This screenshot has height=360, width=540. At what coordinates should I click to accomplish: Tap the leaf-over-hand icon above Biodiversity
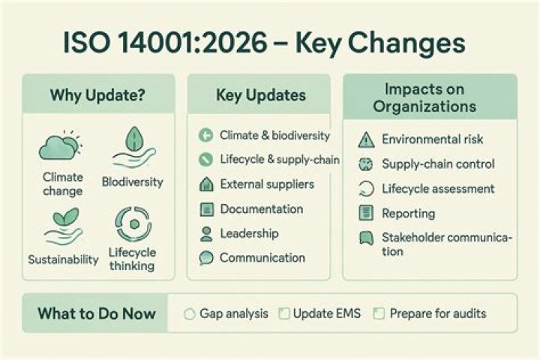[x=134, y=147]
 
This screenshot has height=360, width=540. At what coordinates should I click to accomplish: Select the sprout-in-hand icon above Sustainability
[x=64, y=226]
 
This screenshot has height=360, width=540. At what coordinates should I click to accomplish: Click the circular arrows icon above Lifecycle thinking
[x=133, y=224]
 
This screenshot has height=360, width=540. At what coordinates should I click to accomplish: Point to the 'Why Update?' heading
[x=97, y=95]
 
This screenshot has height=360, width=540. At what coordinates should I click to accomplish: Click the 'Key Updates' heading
[x=261, y=95]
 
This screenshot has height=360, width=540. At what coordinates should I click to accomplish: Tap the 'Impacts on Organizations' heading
[x=424, y=97]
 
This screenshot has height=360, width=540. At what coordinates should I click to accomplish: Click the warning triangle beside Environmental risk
[x=366, y=140]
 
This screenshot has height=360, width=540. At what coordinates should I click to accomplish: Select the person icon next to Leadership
[x=206, y=234]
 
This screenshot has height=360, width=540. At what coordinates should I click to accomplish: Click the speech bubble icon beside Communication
[x=206, y=258]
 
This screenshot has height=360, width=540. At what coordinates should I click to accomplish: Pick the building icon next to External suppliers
[x=206, y=184]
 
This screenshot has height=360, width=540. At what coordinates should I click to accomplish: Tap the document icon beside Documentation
[x=207, y=209]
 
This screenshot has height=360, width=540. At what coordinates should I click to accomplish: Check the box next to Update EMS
[x=284, y=313]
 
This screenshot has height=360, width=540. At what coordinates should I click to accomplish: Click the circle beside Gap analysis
[x=190, y=313]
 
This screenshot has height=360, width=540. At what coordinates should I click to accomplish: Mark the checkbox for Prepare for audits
[x=379, y=313]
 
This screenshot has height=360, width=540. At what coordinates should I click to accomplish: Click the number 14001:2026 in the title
[x=192, y=43]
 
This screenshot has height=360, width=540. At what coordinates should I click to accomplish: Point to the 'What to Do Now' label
[x=97, y=313]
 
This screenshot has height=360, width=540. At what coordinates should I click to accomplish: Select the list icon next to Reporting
[x=366, y=213]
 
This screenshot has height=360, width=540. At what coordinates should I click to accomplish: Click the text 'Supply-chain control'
[x=439, y=164]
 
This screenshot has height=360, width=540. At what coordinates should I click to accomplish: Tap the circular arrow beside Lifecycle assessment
[x=366, y=189]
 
